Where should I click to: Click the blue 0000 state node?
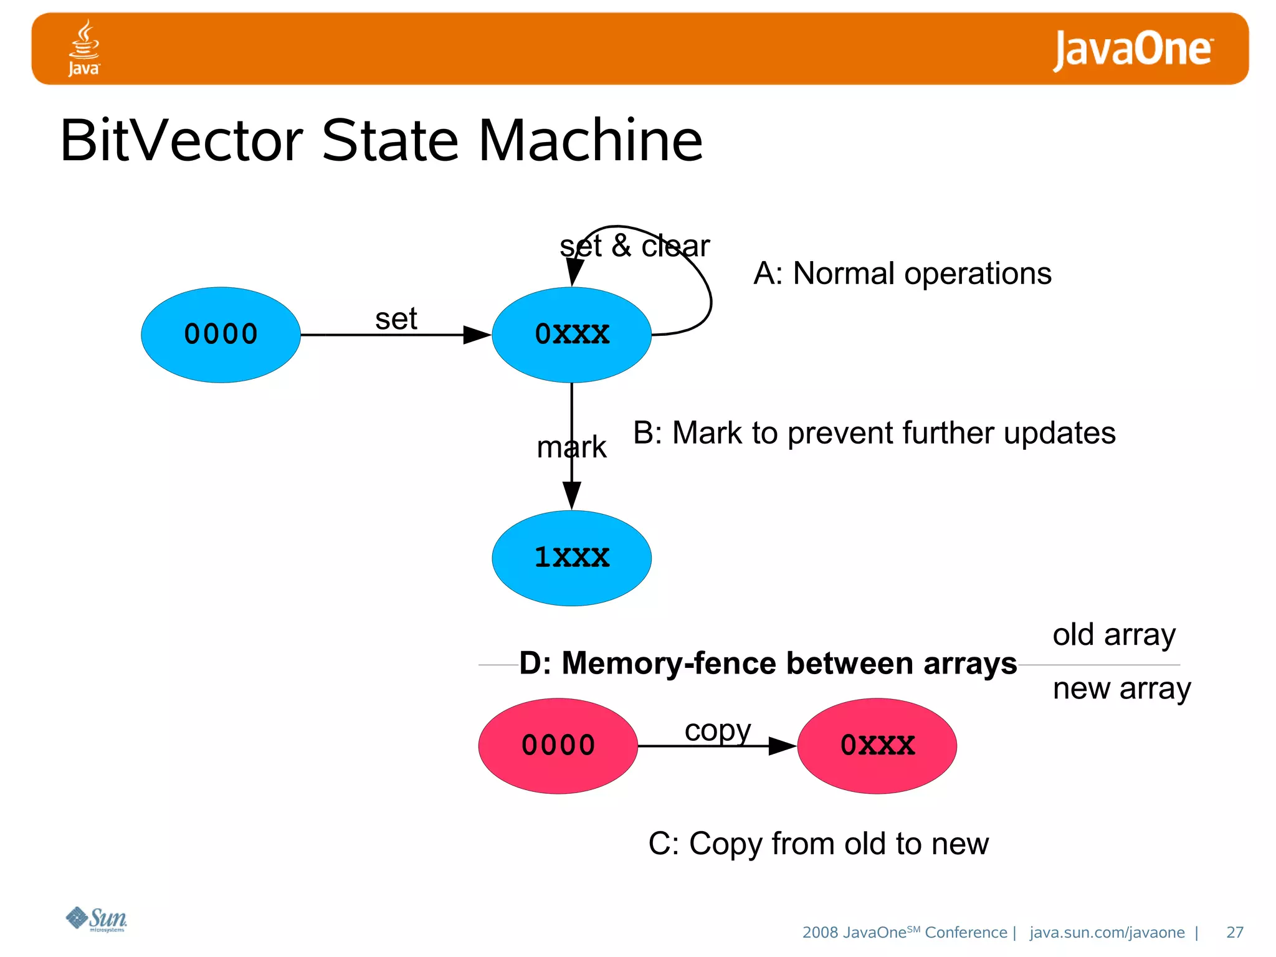(221, 335)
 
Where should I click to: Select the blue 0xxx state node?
(571, 335)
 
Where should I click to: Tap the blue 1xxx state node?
(571, 558)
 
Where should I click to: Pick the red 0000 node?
(558, 745)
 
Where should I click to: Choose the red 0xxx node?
(877, 745)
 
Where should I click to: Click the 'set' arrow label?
(396, 319)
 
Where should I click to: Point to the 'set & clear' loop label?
(634, 246)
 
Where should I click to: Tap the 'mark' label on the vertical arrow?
(571, 447)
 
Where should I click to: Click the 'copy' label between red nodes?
(717, 730)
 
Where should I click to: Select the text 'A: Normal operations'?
(902, 274)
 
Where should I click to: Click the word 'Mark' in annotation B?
(707, 433)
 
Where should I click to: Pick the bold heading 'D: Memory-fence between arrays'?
(768, 663)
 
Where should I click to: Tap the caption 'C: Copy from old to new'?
(818, 844)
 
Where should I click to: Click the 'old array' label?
(1114, 635)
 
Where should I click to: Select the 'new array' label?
(1121, 688)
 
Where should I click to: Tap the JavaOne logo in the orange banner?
(1132, 49)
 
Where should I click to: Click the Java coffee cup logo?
(84, 47)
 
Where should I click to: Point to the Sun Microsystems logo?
(97, 919)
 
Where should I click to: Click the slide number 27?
(1234, 932)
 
